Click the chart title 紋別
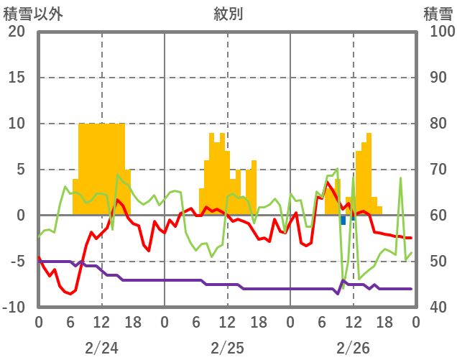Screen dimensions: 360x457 (x=228, y=13)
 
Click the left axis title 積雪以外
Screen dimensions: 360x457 (x=32, y=13)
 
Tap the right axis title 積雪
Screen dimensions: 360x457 (x=437, y=13)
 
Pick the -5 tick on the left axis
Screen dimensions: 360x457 (x=17, y=262)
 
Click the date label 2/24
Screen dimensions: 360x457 (x=101, y=348)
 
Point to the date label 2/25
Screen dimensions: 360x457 (x=227, y=348)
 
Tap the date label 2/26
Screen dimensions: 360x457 (x=353, y=348)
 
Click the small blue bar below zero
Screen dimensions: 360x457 (x=343, y=220)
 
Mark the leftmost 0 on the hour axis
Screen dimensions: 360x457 (x=39, y=323)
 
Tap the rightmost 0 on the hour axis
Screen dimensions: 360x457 (x=416, y=323)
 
